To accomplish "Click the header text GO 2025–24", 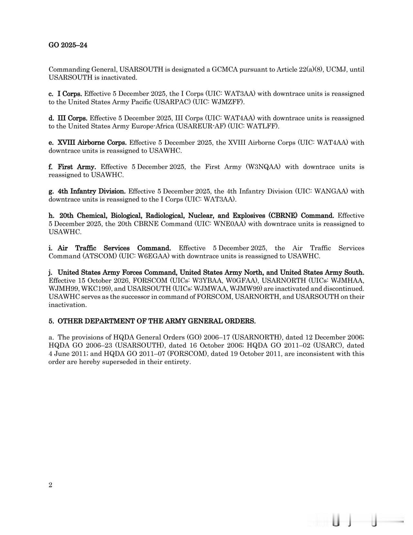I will coord(68,45).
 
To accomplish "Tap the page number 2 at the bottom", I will coord(50,485).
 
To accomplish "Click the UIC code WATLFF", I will coord(262,126).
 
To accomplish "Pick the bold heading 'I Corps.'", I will coord(70,94).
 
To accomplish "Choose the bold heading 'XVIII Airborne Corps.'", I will coord(92,142).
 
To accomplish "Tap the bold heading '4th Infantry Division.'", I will coord(91,191).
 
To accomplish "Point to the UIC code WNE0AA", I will coord(225,224).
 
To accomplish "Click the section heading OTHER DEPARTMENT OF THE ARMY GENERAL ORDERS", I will coord(156,321).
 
